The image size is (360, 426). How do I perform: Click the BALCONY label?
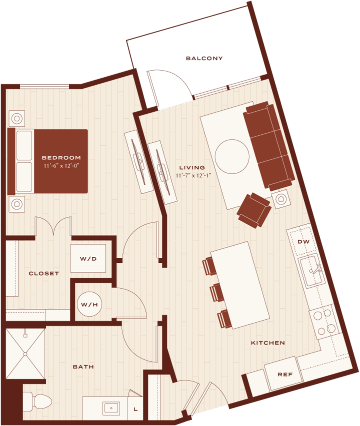tap(204, 58)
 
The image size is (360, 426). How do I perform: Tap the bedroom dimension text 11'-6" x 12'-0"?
tap(61, 166)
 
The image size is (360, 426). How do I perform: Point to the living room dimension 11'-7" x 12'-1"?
tap(193, 175)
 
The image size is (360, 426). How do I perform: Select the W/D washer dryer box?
tap(88, 259)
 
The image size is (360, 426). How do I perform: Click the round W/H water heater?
tap(89, 304)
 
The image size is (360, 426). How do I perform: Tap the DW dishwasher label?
tap(303, 241)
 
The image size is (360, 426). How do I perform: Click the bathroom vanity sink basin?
tap(111, 408)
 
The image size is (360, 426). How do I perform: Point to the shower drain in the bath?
tap(25, 354)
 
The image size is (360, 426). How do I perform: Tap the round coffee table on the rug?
tap(232, 156)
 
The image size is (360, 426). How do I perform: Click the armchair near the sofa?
tap(254, 210)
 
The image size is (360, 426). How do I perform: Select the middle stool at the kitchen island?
tap(217, 292)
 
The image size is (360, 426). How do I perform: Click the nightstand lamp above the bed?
tap(17, 119)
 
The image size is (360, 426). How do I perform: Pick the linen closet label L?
tap(135, 409)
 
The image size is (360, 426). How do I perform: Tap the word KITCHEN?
tap(268, 343)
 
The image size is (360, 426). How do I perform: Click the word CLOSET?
tap(43, 273)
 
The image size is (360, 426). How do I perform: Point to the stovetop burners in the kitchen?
tap(324, 322)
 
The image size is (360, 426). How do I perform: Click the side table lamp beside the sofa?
tap(281, 199)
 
